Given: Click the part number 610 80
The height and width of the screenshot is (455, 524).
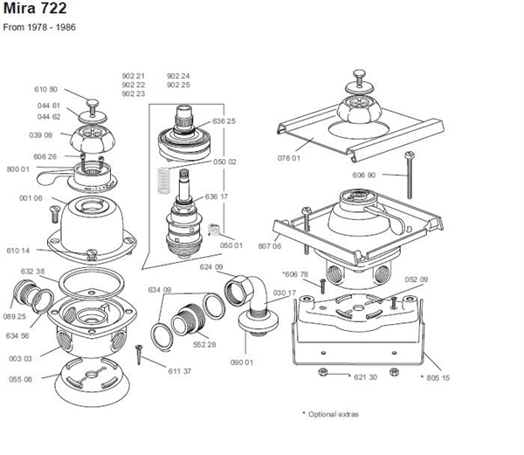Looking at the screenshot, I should (x=46, y=89).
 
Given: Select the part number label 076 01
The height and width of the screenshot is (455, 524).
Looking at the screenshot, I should (x=314, y=158).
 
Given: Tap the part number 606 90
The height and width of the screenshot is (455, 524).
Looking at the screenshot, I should (x=364, y=176).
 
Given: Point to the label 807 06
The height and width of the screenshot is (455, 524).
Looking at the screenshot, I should (x=271, y=246).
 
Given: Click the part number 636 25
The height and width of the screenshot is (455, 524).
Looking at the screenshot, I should (x=224, y=121).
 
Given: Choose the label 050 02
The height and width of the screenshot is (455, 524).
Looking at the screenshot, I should (x=225, y=162).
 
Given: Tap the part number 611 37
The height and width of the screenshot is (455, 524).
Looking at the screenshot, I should (x=180, y=371).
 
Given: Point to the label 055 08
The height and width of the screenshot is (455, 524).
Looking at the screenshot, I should (x=21, y=379).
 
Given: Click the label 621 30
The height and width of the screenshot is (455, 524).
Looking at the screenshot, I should (x=365, y=377).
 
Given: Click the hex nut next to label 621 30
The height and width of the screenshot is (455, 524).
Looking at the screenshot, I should (x=323, y=372).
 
